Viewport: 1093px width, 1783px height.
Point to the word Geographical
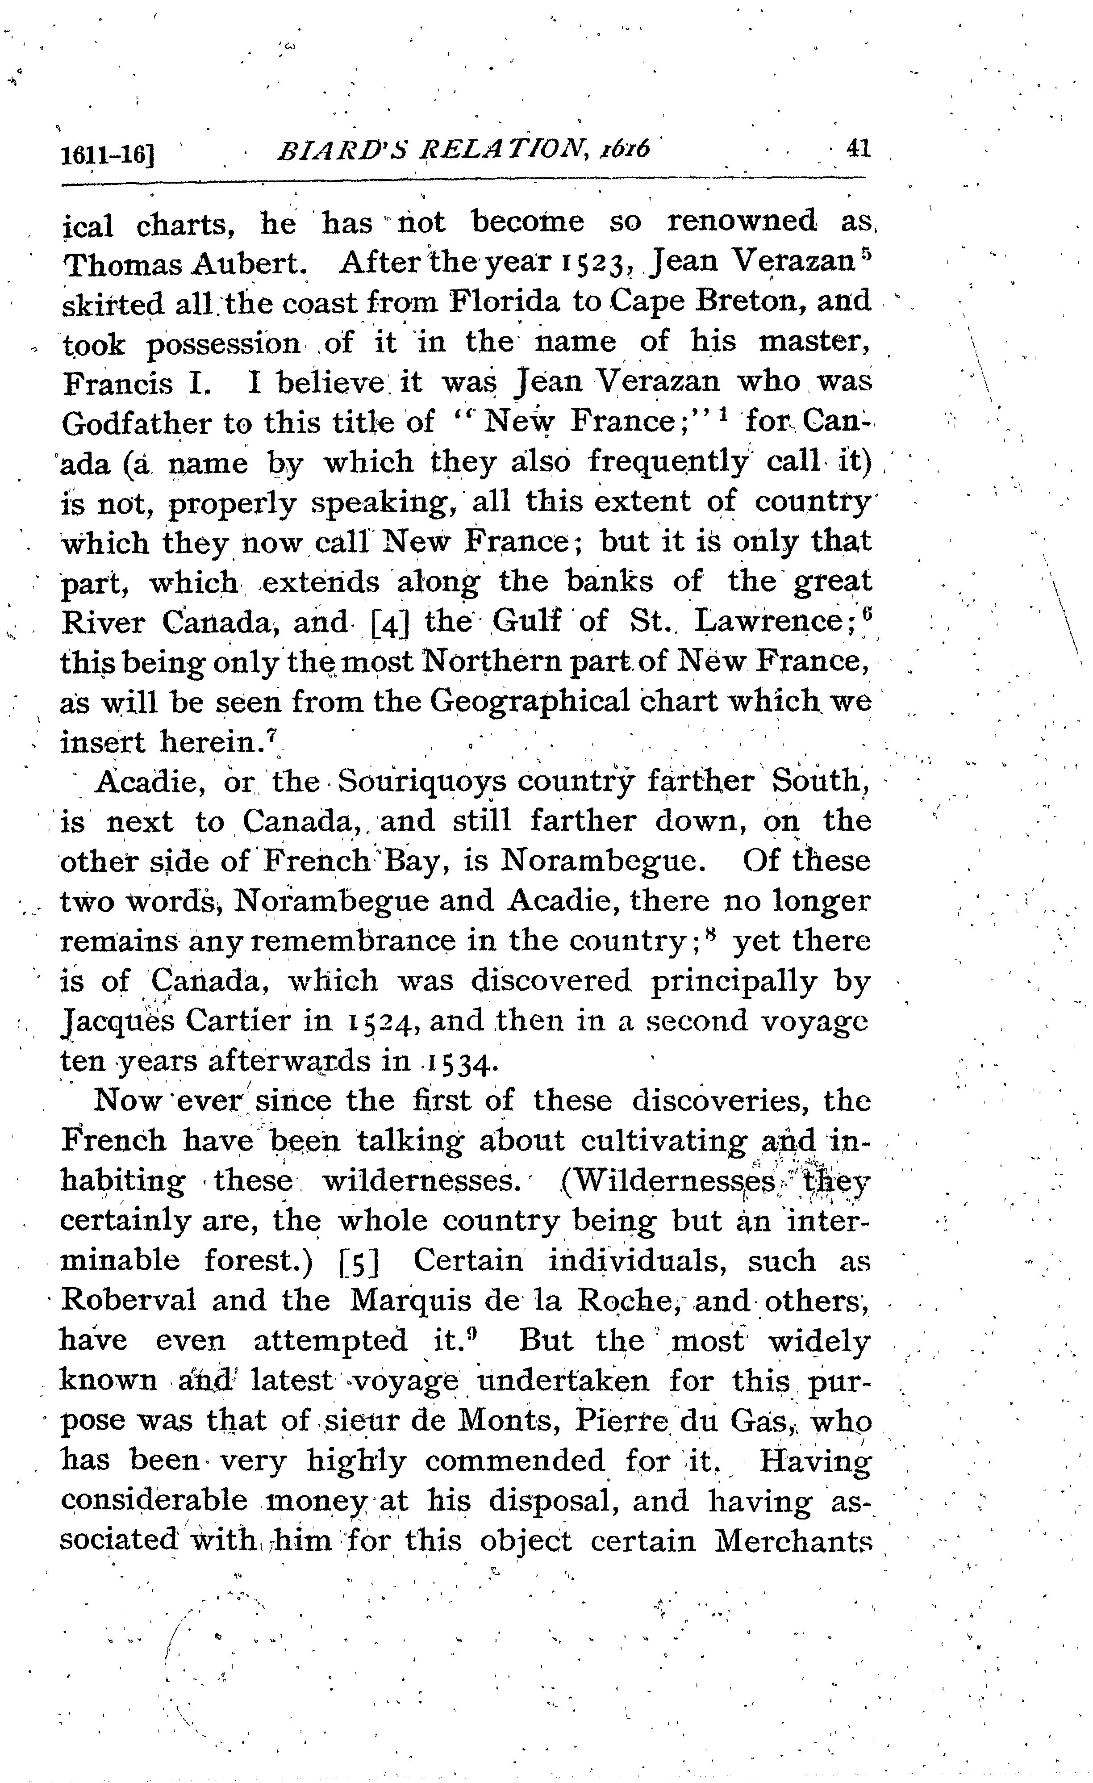529,701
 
